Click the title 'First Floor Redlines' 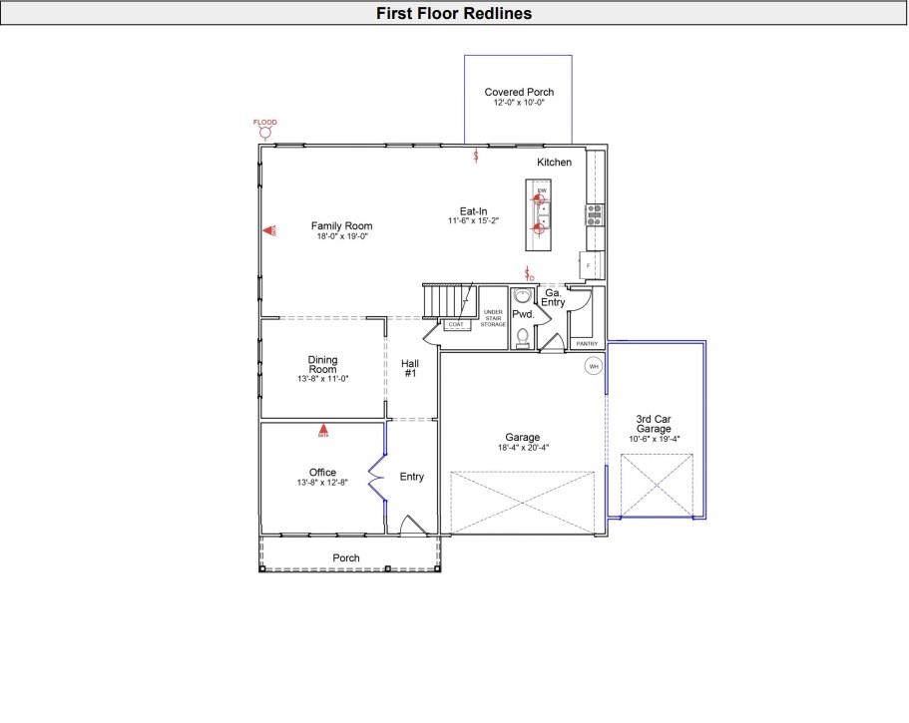pos(454,13)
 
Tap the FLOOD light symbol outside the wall pos(264,132)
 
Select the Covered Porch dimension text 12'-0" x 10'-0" pos(518,103)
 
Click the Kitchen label pos(555,162)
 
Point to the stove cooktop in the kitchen pos(595,211)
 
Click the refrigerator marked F pos(590,265)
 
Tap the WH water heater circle pos(594,367)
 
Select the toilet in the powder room pos(523,336)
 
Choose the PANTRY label pos(587,344)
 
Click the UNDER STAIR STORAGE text pos(494,318)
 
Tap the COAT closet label pos(456,325)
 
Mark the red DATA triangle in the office pos(322,432)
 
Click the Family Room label pos(341,226)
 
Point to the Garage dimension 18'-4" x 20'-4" pos(523,448)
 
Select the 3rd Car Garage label pos(654,424)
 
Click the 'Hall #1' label pos(410,368)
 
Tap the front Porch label pos(346,557)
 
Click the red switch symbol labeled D pos(529,273)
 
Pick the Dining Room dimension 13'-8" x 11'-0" pos(322,380)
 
